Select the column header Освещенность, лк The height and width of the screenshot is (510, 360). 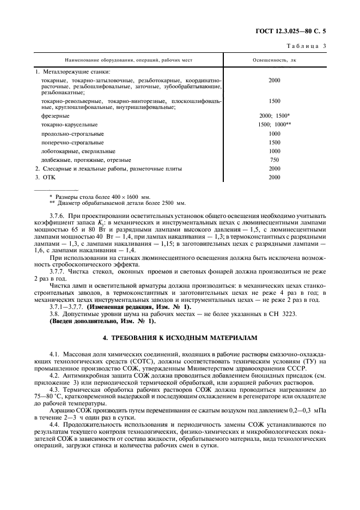pos(274,60)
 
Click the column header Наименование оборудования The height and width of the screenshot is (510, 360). pos(129,60)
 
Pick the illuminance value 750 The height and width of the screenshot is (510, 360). pos(274,160)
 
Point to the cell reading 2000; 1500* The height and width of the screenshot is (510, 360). pos(274,116)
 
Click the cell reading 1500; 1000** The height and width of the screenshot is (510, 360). pos(274,125)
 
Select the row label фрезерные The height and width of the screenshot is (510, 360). pos(52,116)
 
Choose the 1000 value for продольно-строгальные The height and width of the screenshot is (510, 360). pos(274,133)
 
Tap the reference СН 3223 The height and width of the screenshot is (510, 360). pos(303,314)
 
